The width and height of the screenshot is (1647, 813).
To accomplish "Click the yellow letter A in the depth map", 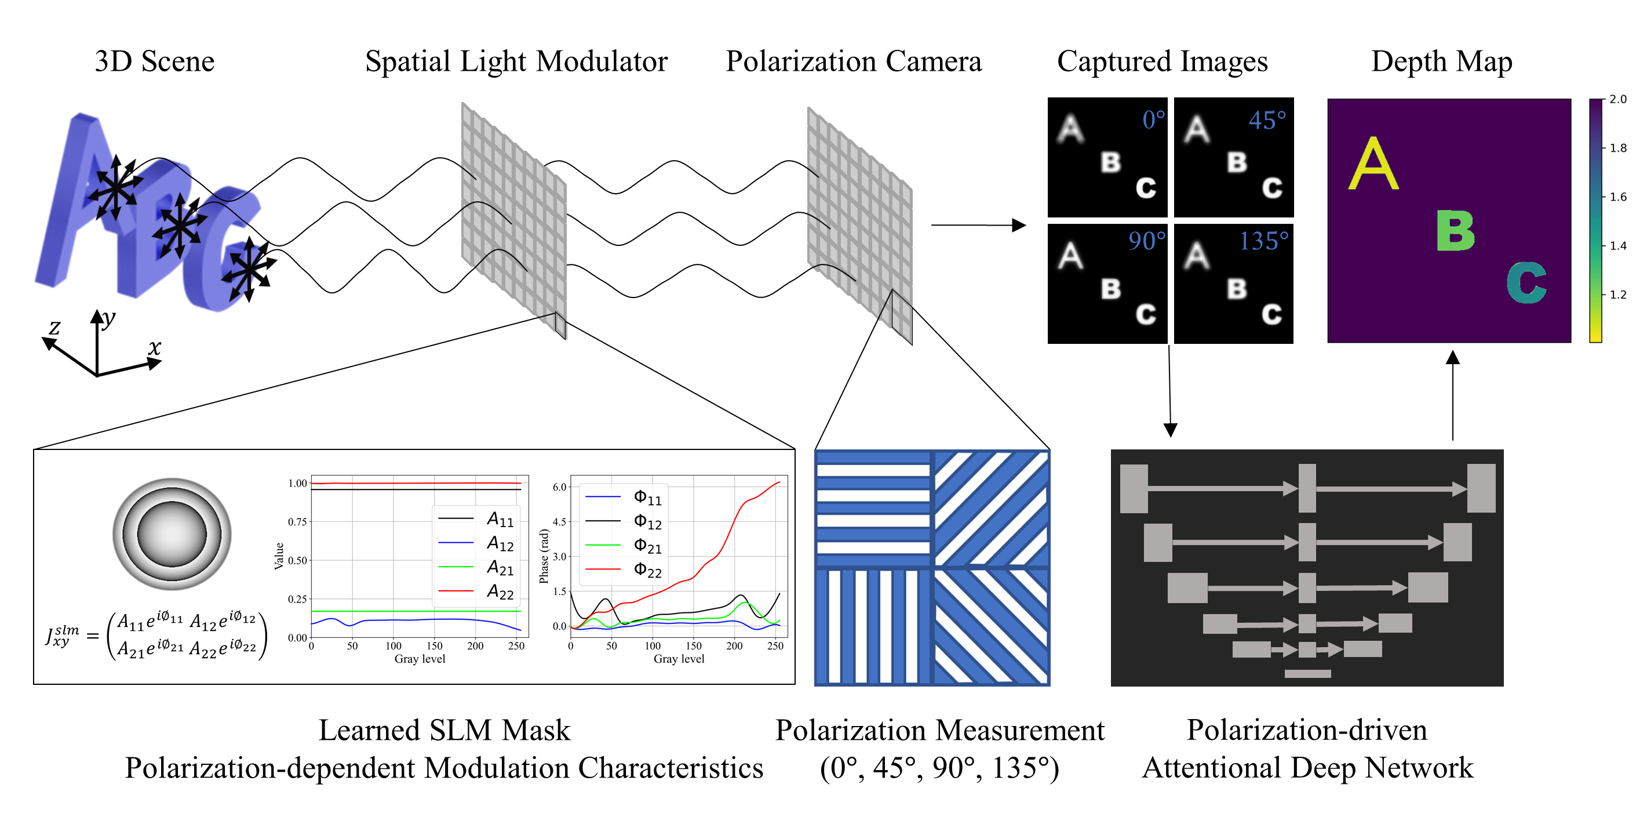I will pyautogui.click(x=1373, y=165).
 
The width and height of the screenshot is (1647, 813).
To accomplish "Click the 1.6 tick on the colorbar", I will pyautogui.click(x=1617, y=197).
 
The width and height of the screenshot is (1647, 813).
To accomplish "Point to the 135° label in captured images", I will pyautogui.click(x=1263, y=241).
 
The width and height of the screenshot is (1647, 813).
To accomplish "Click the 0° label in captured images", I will pyautogui.click(x=1153, y=119).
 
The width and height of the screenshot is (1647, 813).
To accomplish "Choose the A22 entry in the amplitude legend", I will pyautogui.click(x=500, y=591).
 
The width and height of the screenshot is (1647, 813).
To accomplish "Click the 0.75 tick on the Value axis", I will pyautogui.click(x=297, y=522).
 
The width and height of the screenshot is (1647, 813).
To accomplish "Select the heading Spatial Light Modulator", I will pyautogui.click(x=516, y=62).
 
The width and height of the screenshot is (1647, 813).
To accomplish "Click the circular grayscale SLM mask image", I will pyautogui.click(x=172, y=533).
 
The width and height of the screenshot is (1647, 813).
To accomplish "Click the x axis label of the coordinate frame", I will pyautogui.click(x=154, y=347).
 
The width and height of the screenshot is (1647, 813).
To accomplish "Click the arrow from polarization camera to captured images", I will pyautogui.click(x=978, y=225).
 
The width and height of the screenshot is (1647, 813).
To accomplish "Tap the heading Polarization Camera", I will pyautogui.click(x=853, y=62).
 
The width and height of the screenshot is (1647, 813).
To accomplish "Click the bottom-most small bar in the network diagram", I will pyautogui.click(x=1307, y=674).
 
